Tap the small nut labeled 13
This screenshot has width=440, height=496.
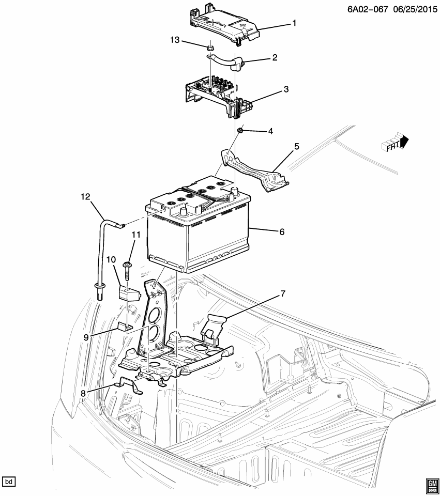tap(211, 48)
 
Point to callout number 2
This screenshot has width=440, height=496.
tap(275, 58)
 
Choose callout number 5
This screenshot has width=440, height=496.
tap(296, 147)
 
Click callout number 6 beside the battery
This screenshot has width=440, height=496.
tap(282, 232)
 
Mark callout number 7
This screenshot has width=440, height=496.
tap(282, 293)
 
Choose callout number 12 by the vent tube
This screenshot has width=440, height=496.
tap(85, 196)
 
